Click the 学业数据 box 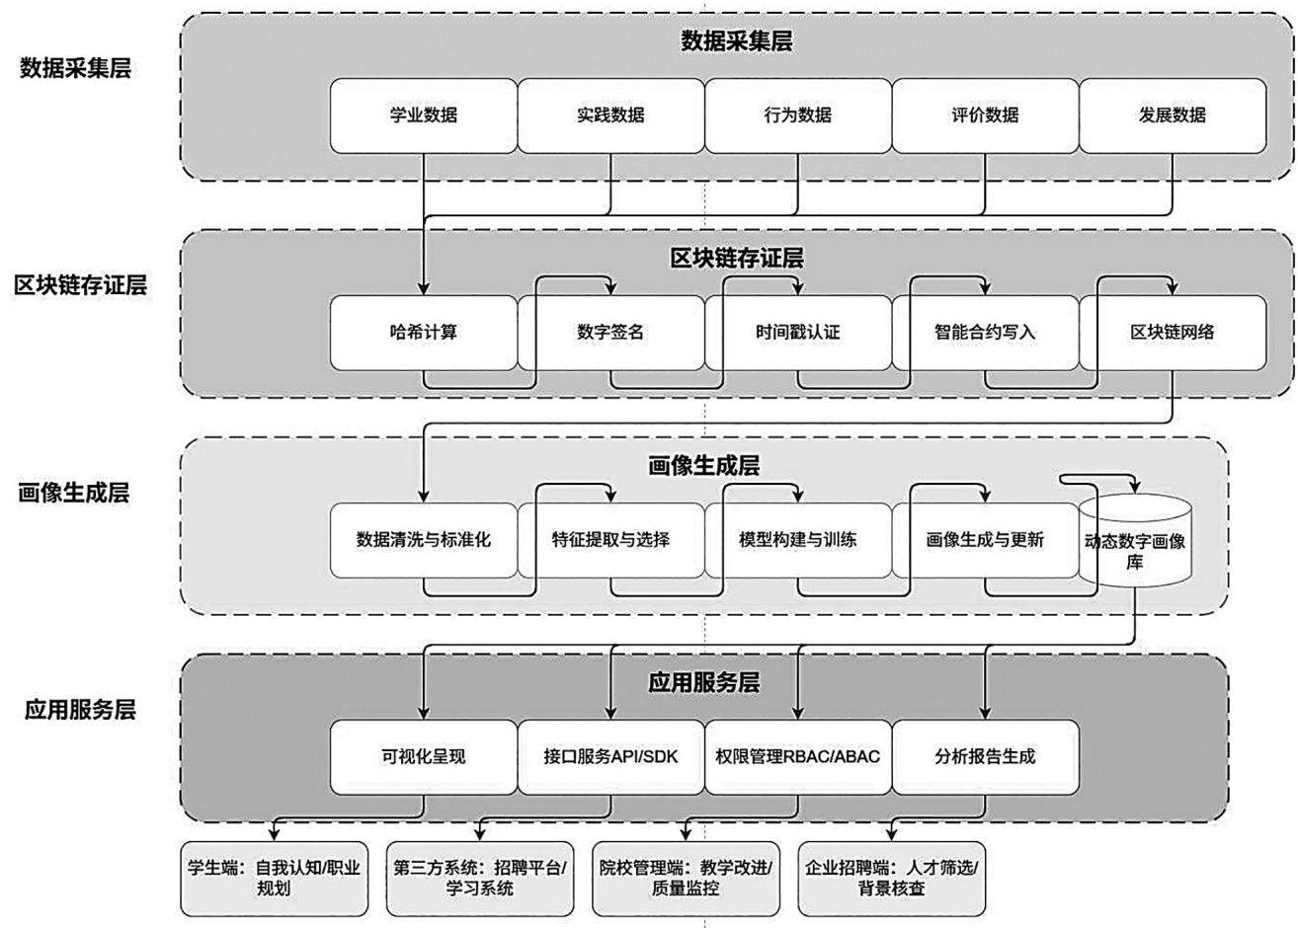pos(424,116)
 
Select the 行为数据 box pos(798,116)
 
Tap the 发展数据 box pos(1173,116)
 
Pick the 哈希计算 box pos(424,333)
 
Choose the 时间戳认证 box pos(798,333)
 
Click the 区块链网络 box pos(1173,333)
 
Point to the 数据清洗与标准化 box pos(424,540)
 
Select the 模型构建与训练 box pos(798,540)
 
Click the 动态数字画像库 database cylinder pos(1135,541)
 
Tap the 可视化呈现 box pos(424,757)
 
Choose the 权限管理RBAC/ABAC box pos(798,757)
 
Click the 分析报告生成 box pos(985,757)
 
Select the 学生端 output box pos(274,879)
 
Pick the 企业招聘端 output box pos(892,879)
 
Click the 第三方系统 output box pos(480,879)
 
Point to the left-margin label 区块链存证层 pos(81,285)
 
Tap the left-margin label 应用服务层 pos(80,710)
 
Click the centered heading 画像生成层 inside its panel pos(704,465)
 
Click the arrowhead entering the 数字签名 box pos(610,289)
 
